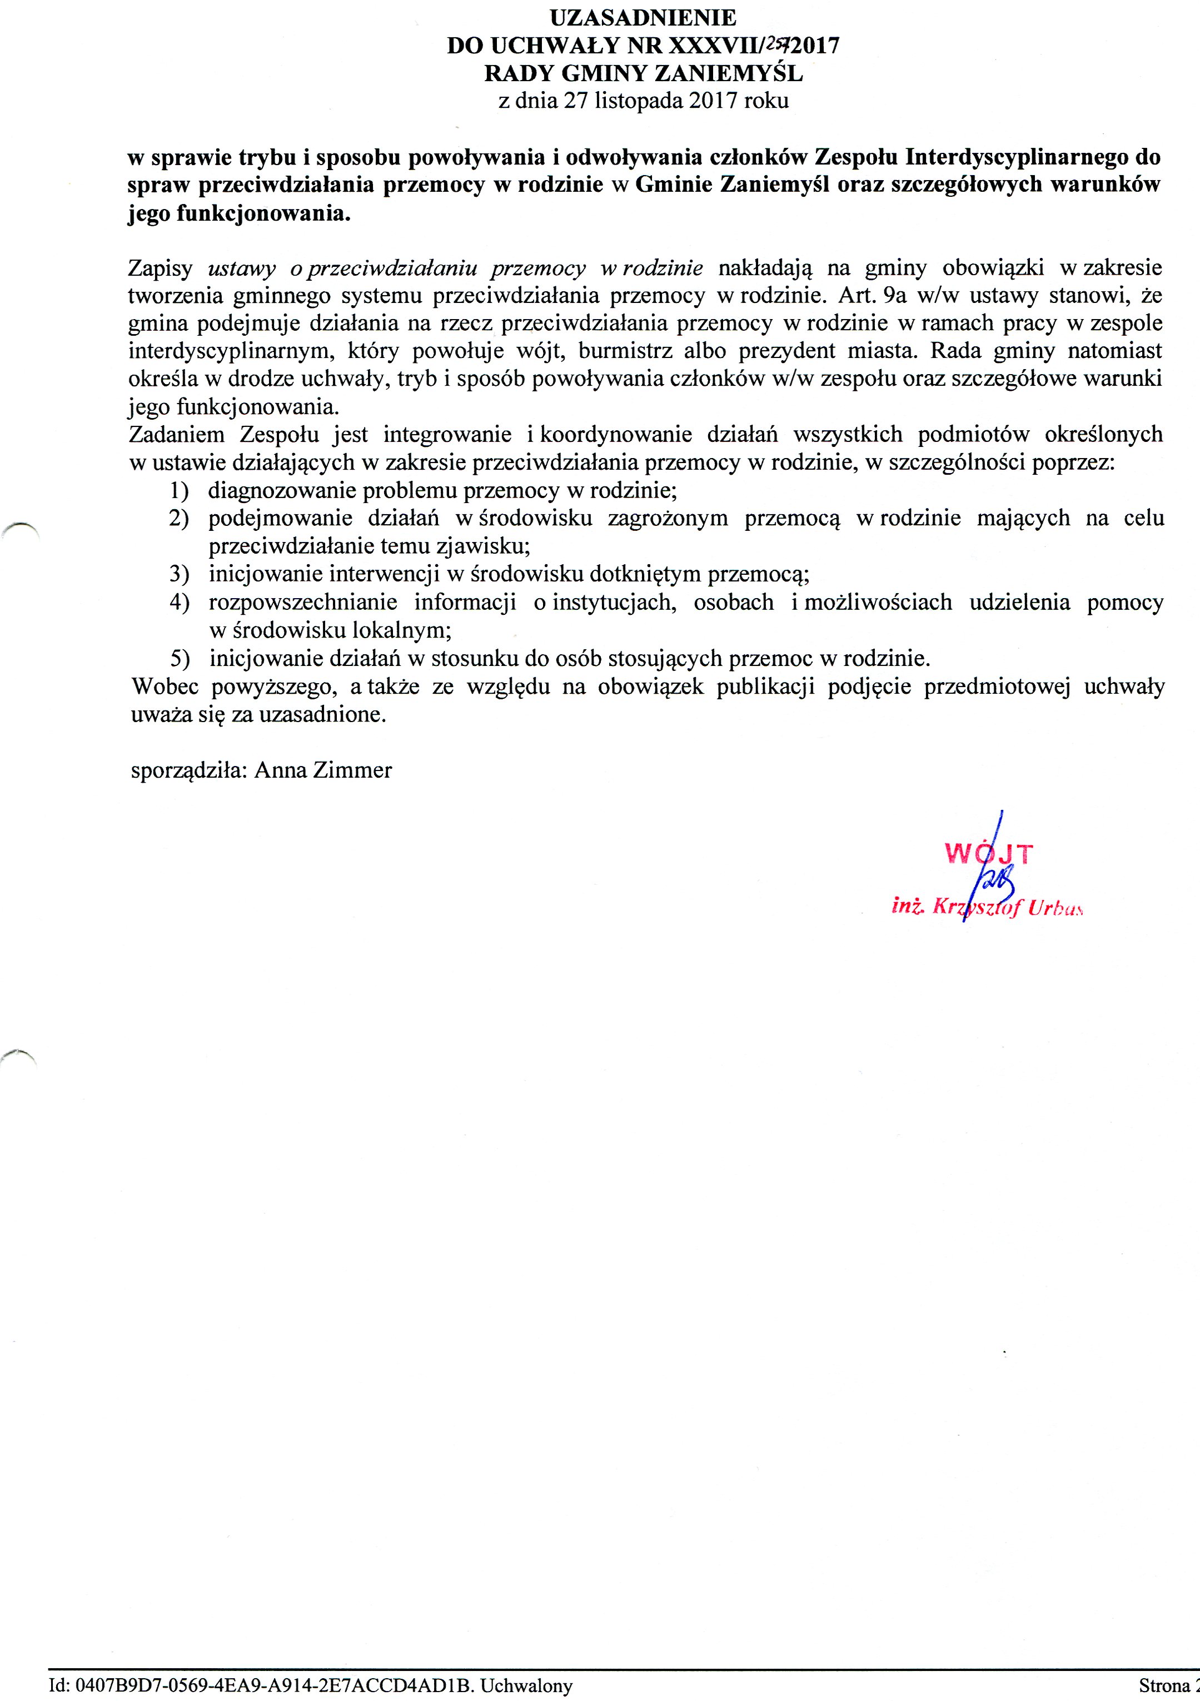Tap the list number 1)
point(178,490)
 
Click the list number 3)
point(178,574)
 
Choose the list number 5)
point(178,659)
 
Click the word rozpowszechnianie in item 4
point(303,603)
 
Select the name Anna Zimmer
point(323,770)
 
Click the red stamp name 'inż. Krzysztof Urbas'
point(988,908)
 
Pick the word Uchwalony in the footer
point(527,1686)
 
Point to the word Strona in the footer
point(1163,1686)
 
